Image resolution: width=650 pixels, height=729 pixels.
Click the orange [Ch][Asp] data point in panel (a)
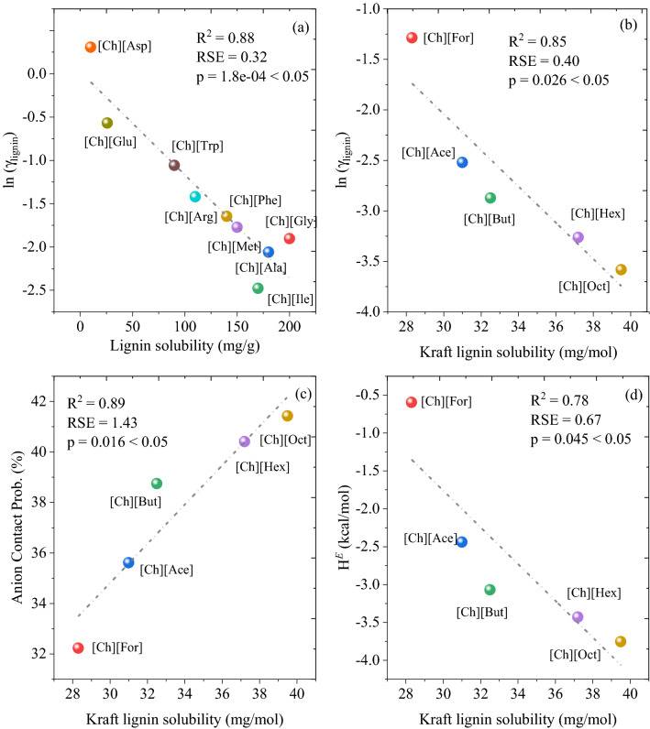pos(90,47)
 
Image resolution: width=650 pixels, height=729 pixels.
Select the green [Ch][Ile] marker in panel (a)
pos(258,288)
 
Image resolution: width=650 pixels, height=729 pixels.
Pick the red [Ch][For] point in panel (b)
pos(412,38)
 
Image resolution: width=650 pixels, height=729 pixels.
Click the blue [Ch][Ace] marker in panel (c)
pos(128,562)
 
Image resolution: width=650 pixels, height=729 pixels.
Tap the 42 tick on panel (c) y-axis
pos(45,401)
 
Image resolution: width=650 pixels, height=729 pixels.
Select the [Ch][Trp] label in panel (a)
pos(197,147)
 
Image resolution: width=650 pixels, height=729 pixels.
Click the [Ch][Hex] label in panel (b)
pos(597,213)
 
